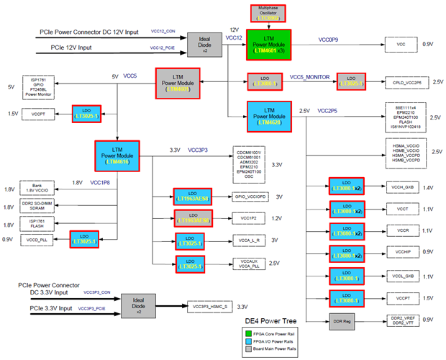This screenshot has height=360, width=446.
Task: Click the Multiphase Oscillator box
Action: tap(268, 13)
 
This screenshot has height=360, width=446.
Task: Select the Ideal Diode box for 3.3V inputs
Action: tap(137, 305)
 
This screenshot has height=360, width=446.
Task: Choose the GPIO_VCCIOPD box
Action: tap(251, 197)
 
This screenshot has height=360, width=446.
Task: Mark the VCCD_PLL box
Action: tap(37, 239)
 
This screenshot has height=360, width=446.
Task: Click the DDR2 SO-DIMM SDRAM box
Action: tap(37, 207)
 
